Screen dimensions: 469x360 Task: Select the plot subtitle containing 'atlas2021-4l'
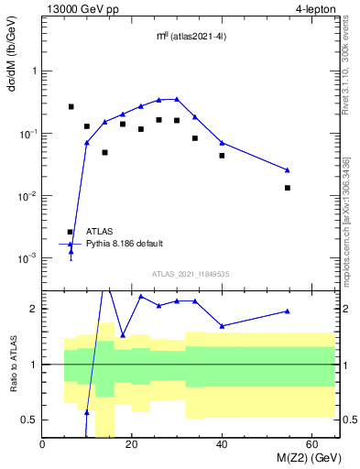pyautogui.click(x=191, y=37)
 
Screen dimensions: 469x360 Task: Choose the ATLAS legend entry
pyautogui.click(x=101, y=232)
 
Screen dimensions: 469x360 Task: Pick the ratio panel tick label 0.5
pyautogui.click(x=29, y=420)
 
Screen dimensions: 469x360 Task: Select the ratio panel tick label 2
pyautogui.click(x=33, y=309)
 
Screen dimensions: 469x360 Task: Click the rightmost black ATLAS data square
pyautogui.click(x=288, y=188)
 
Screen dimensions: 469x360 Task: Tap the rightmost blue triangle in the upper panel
pyautogui.click(x=288, y=170)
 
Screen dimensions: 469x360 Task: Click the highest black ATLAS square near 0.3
pyautogui.click(x=71, y=106)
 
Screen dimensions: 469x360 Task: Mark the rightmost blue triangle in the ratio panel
pyautogui.click(x=288, y=311)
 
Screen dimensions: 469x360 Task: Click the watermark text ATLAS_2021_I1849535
pyautogui.click(x=191, y=274)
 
